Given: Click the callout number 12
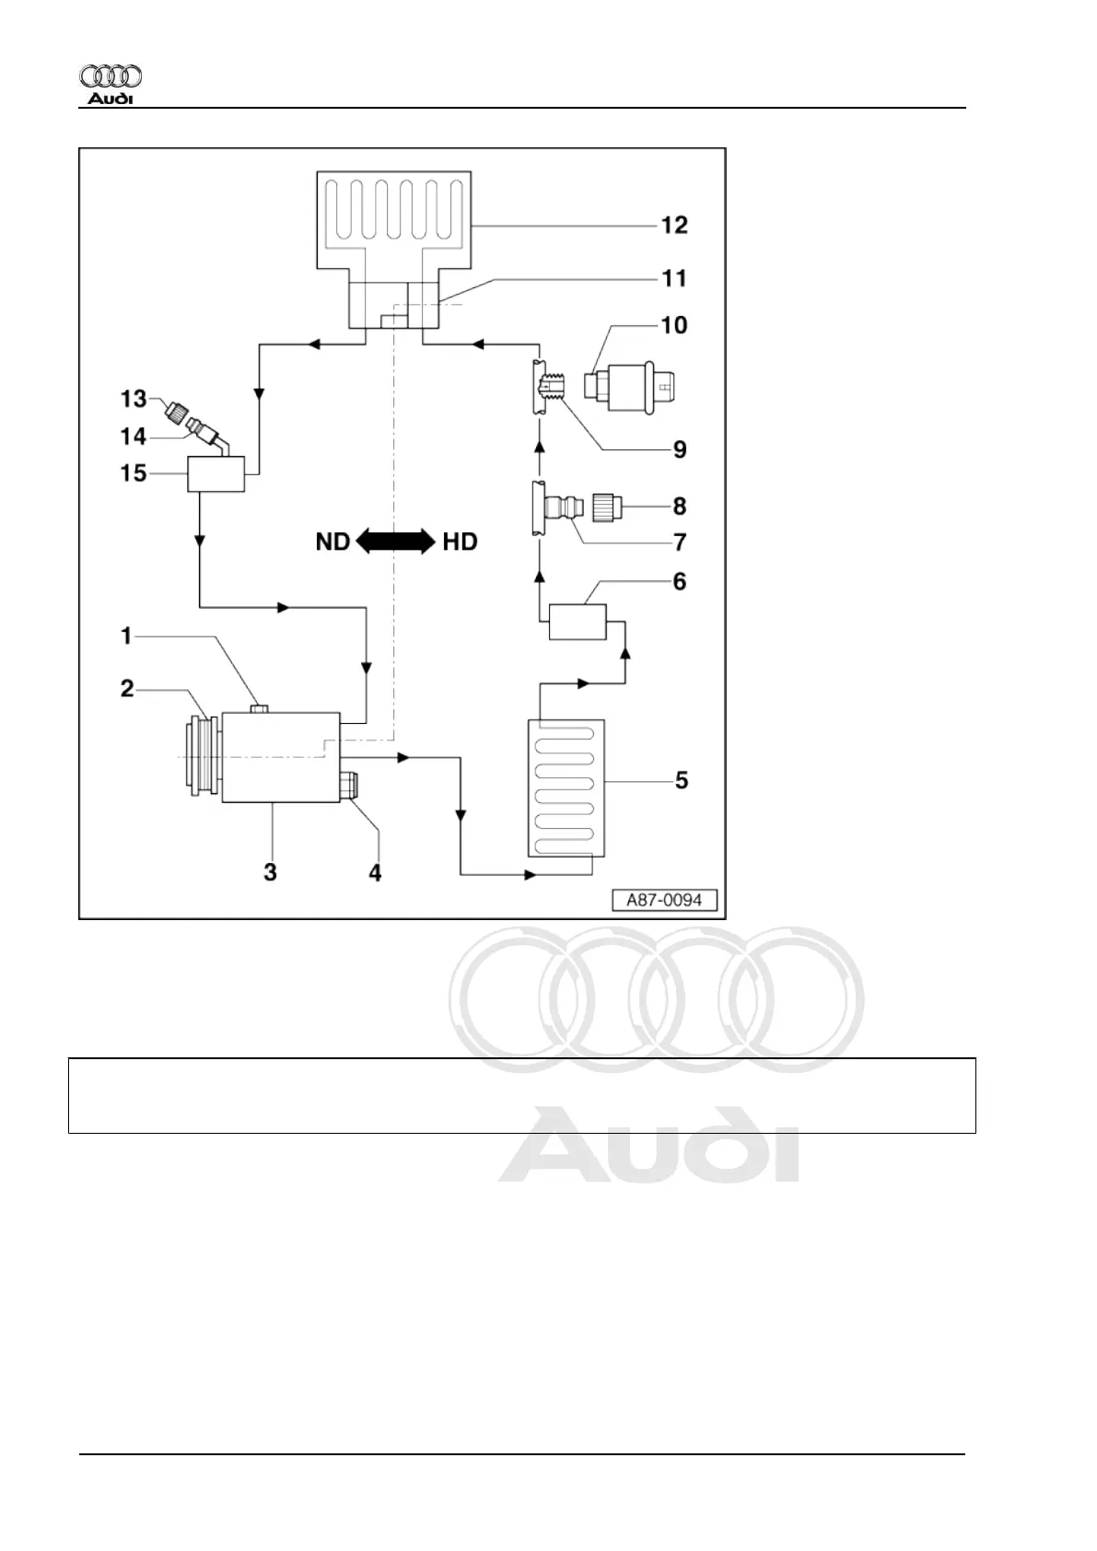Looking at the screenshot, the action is (x=674, y=226).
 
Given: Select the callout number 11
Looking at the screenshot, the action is (x=674, y=278).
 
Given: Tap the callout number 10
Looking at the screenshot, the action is (x=674, y=325).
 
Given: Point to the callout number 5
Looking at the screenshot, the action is (x=682, y=781).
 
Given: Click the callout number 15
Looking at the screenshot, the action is (x=134, y=473).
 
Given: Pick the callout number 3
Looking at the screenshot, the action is (x=270, y=872).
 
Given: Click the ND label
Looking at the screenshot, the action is (x=333, y=542).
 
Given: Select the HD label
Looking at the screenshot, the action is (x=460, y=542).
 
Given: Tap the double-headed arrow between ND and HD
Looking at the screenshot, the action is (x=395, y=542).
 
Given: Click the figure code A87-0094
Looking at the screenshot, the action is (x=664, y=900).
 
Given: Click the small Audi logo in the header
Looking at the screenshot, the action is (x=111, y=85).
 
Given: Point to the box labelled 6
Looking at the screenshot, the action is (x=578, y=622).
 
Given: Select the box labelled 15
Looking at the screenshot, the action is (x=216, y=474).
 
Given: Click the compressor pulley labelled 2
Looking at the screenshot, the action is (x=202, y=756).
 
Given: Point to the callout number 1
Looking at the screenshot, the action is (x=127, y=636).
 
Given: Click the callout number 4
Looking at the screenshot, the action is (x=375, y=872).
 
